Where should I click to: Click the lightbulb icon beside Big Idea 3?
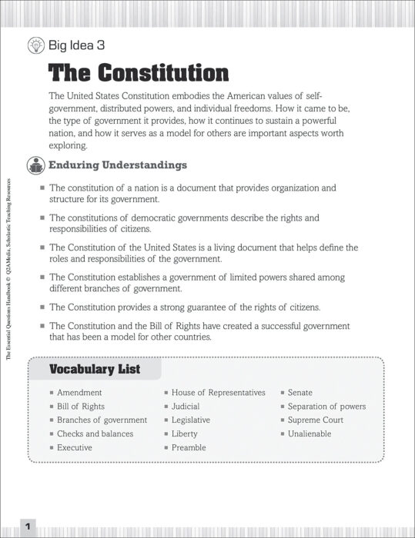35,45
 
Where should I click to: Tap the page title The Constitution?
139,73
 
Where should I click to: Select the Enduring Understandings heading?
118,164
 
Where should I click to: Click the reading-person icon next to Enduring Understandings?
35,164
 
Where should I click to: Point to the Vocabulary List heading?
95,370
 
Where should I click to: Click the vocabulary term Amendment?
79,393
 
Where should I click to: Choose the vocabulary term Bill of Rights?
81,407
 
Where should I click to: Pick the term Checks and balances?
95,433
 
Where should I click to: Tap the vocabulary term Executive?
75,447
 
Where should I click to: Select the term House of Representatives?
218,393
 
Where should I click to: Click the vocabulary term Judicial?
186,407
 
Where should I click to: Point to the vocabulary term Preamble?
189,447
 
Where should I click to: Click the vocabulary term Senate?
300,393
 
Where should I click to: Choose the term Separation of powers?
326,407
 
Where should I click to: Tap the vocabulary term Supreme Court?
316,420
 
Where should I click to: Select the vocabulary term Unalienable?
310,433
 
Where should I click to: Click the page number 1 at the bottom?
27,526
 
